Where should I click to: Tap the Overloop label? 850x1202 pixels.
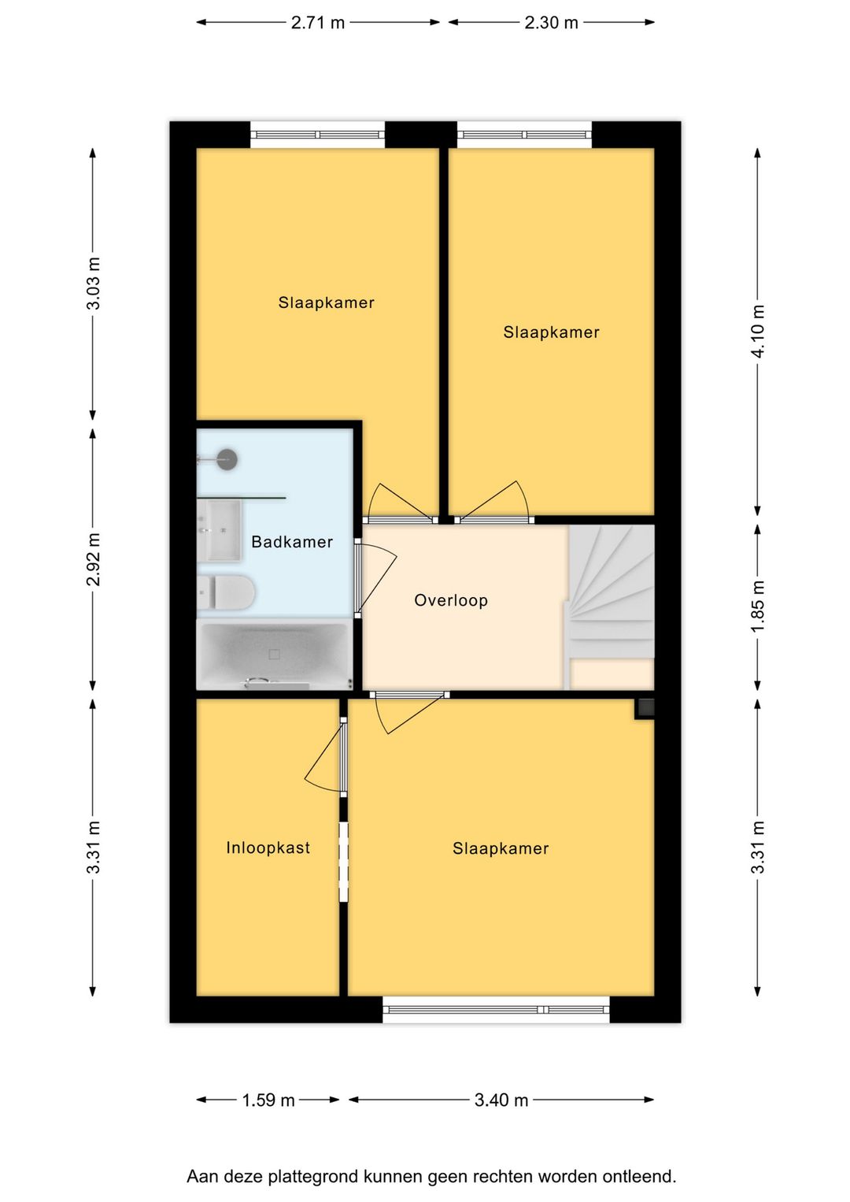(x=451, y=600)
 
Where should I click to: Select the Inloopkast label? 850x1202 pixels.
(x=268, y=848)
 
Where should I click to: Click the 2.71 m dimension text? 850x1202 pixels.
(x=317, y=23)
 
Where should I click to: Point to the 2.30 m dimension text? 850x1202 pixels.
(x=551, y=23)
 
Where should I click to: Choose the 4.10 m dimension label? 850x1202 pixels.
(x=758, y=331)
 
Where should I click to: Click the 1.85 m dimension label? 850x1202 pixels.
(x=758, y=607)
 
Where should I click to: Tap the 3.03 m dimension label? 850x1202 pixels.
(x=94, y=284)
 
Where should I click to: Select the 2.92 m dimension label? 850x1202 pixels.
(x=94, y=559)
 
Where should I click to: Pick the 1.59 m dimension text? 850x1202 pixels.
(x=268, y=1100)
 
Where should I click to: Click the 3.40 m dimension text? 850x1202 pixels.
(x=501, y=1100)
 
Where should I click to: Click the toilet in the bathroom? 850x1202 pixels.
(x=226, y=593)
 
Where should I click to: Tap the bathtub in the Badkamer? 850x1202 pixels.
(x=275, y=654)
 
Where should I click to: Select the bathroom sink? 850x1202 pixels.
(x=220, y=530)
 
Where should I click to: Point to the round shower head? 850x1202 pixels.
(x=227, y=459)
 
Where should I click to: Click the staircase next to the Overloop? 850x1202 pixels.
(x=610, y=607)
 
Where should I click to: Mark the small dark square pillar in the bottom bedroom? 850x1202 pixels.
(x=645, y=709)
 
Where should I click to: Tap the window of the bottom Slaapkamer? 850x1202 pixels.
(x=496, y=1009)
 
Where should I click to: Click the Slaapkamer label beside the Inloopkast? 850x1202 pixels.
(x=501, y=848)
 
